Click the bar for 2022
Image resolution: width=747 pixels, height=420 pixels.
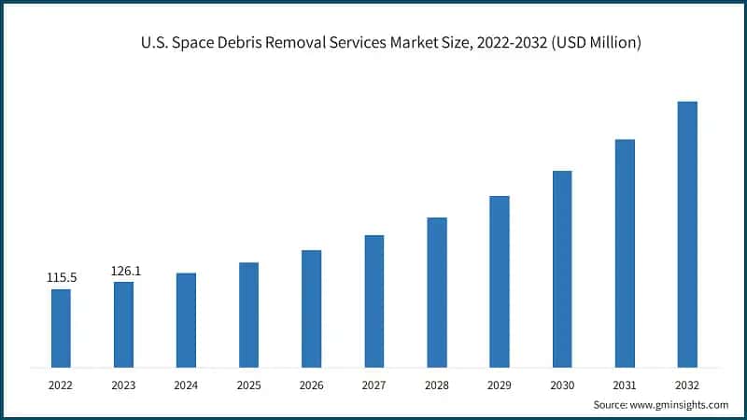[61, 328]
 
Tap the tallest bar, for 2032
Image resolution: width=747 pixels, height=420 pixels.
[687, 233]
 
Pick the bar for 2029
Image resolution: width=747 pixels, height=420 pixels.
[500, 281]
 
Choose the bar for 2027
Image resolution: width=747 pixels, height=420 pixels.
[374, 301]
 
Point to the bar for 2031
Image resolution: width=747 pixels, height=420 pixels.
[625, 252]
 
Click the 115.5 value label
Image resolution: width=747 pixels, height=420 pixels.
[61, 278]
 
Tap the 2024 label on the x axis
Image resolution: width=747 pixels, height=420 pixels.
[186, 384]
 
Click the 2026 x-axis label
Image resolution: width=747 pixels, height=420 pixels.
[311, 384]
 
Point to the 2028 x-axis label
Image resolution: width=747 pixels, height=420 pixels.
[437, 384]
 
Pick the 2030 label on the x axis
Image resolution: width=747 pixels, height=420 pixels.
[562, 384]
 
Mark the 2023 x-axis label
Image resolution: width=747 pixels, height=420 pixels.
[123, 384]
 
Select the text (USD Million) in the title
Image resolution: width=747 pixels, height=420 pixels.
[593, 43]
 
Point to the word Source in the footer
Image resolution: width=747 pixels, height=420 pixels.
[610, 404]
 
